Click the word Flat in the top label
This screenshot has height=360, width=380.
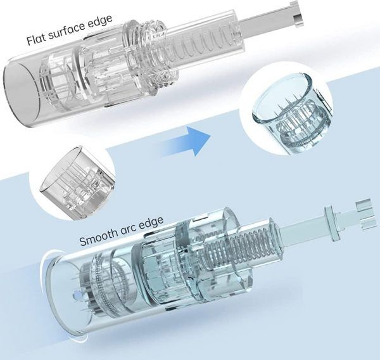coord(36,40)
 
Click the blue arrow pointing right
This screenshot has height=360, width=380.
coord(187,141)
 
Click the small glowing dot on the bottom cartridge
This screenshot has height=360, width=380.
coord(77,296)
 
